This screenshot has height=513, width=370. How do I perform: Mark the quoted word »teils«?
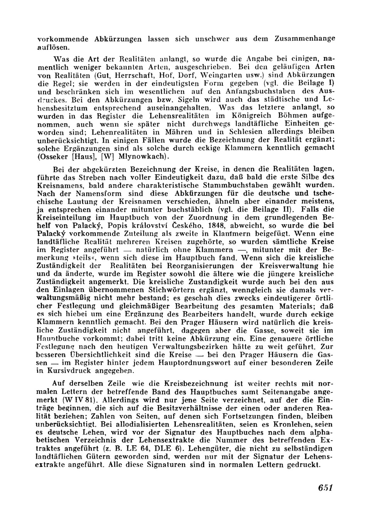[90, 258]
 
